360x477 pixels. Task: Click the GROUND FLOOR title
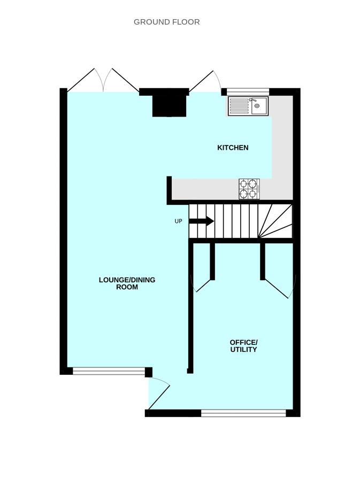click(167, 22)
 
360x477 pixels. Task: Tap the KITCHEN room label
click(233, 148)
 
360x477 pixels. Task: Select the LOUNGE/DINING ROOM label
click(127, 283)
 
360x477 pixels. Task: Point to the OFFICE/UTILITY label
click(243, 346)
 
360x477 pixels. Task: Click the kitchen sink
click(248, 106)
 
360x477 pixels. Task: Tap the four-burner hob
click(249, 189)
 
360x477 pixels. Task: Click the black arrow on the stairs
click(202, 221)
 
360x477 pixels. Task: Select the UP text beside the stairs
click(178, 221)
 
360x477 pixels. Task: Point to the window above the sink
click(248, 91)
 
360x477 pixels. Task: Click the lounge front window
click(109, 371)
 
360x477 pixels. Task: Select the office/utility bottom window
click(243, 413)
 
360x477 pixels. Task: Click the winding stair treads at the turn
click(275, 221)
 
